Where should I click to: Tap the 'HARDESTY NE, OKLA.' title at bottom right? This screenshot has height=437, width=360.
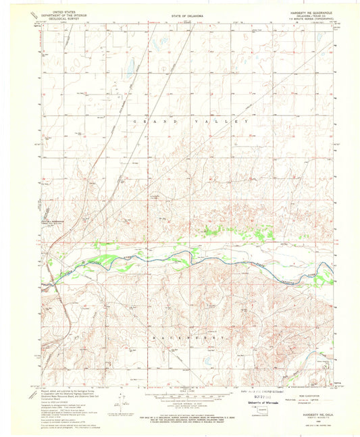(x=312, y=413)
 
